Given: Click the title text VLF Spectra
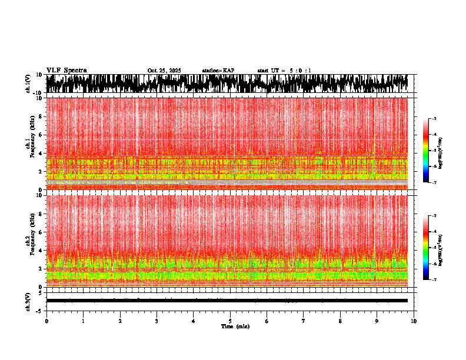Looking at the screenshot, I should pyautogui.click(x=66, y=70).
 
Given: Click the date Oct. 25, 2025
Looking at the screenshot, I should pyautogui.click(x=164, y=71).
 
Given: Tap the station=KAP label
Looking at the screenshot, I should pyautogui.click(x=218, y=71).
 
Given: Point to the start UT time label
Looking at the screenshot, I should pyautogui.click(x=284, y=71).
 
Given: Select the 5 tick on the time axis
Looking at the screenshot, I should pyautogui.click(x=231, y=321).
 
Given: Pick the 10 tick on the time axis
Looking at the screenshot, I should pyautogui.click(x=414, y=321).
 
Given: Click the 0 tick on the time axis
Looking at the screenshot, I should pyautogui.click(x=46, y=321).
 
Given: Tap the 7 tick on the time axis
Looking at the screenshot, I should pyautogui.click(x=304, y=321).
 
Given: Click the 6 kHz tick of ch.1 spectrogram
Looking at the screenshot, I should pyautogui.click(x=41, y=135).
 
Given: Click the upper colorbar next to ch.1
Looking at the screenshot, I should pyautogui.click(x=433, y=151).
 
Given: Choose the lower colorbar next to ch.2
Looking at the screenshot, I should pyautogui.click(x=433, y=248).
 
